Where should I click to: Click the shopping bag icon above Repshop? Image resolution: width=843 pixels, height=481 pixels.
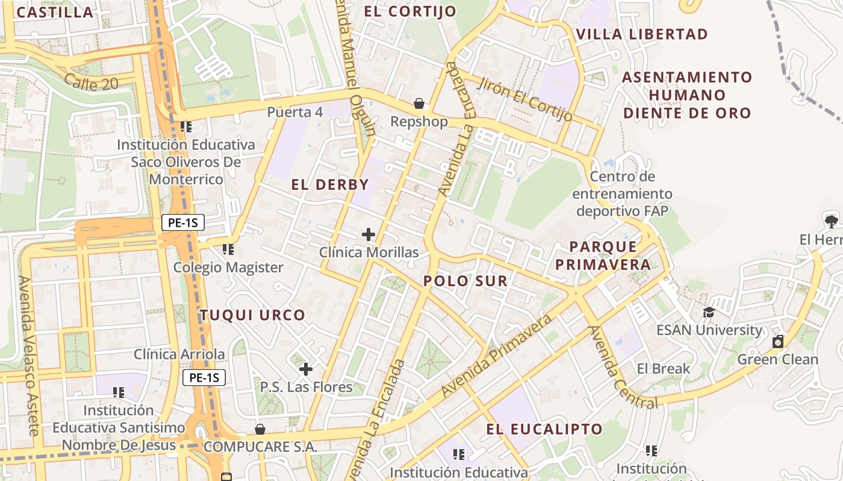pos(418,104)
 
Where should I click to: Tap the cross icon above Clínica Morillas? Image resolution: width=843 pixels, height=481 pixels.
pos(369,234)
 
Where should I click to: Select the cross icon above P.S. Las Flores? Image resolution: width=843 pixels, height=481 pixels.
pos(306,369)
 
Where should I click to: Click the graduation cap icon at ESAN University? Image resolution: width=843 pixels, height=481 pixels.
pos(709,313)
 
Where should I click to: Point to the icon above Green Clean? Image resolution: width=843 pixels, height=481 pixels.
pos(778,342)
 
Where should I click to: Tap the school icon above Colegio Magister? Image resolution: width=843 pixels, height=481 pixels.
pos(228,249)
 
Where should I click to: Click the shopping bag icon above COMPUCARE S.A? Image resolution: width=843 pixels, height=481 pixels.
pos(260,429)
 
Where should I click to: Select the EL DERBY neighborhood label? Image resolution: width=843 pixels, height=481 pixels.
pos(329,185)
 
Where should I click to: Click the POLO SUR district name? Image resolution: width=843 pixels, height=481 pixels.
pos(465,281)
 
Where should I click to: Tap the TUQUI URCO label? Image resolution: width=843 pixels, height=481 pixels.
pos(252,315)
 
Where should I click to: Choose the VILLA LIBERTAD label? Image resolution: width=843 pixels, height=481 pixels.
pos(642,34)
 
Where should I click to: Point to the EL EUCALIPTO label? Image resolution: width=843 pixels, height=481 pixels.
pos(544,429)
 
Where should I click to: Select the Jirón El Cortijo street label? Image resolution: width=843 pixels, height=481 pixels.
pos(524,99)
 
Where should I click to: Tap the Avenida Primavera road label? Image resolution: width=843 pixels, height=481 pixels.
pos(497,355)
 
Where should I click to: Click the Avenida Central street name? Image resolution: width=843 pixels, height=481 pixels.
pos(623,367)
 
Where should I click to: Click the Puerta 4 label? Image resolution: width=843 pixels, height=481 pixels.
pos(295,112)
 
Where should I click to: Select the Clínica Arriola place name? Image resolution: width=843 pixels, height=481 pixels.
pos(179,355)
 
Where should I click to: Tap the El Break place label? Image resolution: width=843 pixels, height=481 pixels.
pos(663,369)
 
